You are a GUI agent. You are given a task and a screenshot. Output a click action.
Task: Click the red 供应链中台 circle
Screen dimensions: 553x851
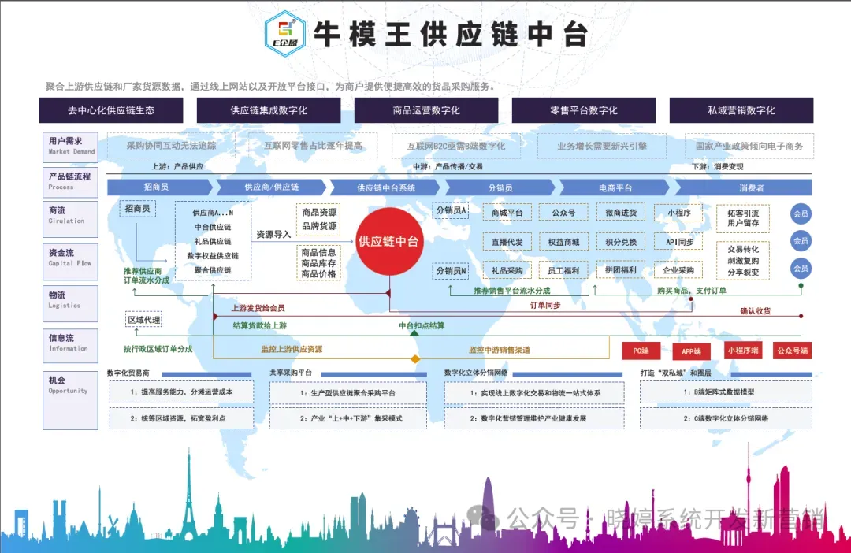(388, 241)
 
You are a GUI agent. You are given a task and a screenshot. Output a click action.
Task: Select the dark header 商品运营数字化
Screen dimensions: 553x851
(425, 110)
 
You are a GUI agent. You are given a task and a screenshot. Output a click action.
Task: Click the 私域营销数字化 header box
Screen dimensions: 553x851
(741, 110)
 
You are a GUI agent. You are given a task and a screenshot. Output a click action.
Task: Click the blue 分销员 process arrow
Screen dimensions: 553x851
(500, 187)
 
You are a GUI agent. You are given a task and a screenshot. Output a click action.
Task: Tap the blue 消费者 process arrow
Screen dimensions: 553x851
(750, 187)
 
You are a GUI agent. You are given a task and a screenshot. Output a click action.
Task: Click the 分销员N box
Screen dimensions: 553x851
(452, 270)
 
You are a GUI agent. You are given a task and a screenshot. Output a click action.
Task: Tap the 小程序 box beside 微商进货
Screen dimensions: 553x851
(678, 212)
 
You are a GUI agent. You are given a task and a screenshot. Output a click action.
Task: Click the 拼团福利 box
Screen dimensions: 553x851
(621, 270)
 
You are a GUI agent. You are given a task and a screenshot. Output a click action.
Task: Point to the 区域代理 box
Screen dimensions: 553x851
(143, 320)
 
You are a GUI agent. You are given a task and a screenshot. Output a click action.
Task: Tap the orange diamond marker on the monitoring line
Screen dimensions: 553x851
(414, 360)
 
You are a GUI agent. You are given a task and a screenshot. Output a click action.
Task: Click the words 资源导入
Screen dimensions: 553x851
(273, 234)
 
